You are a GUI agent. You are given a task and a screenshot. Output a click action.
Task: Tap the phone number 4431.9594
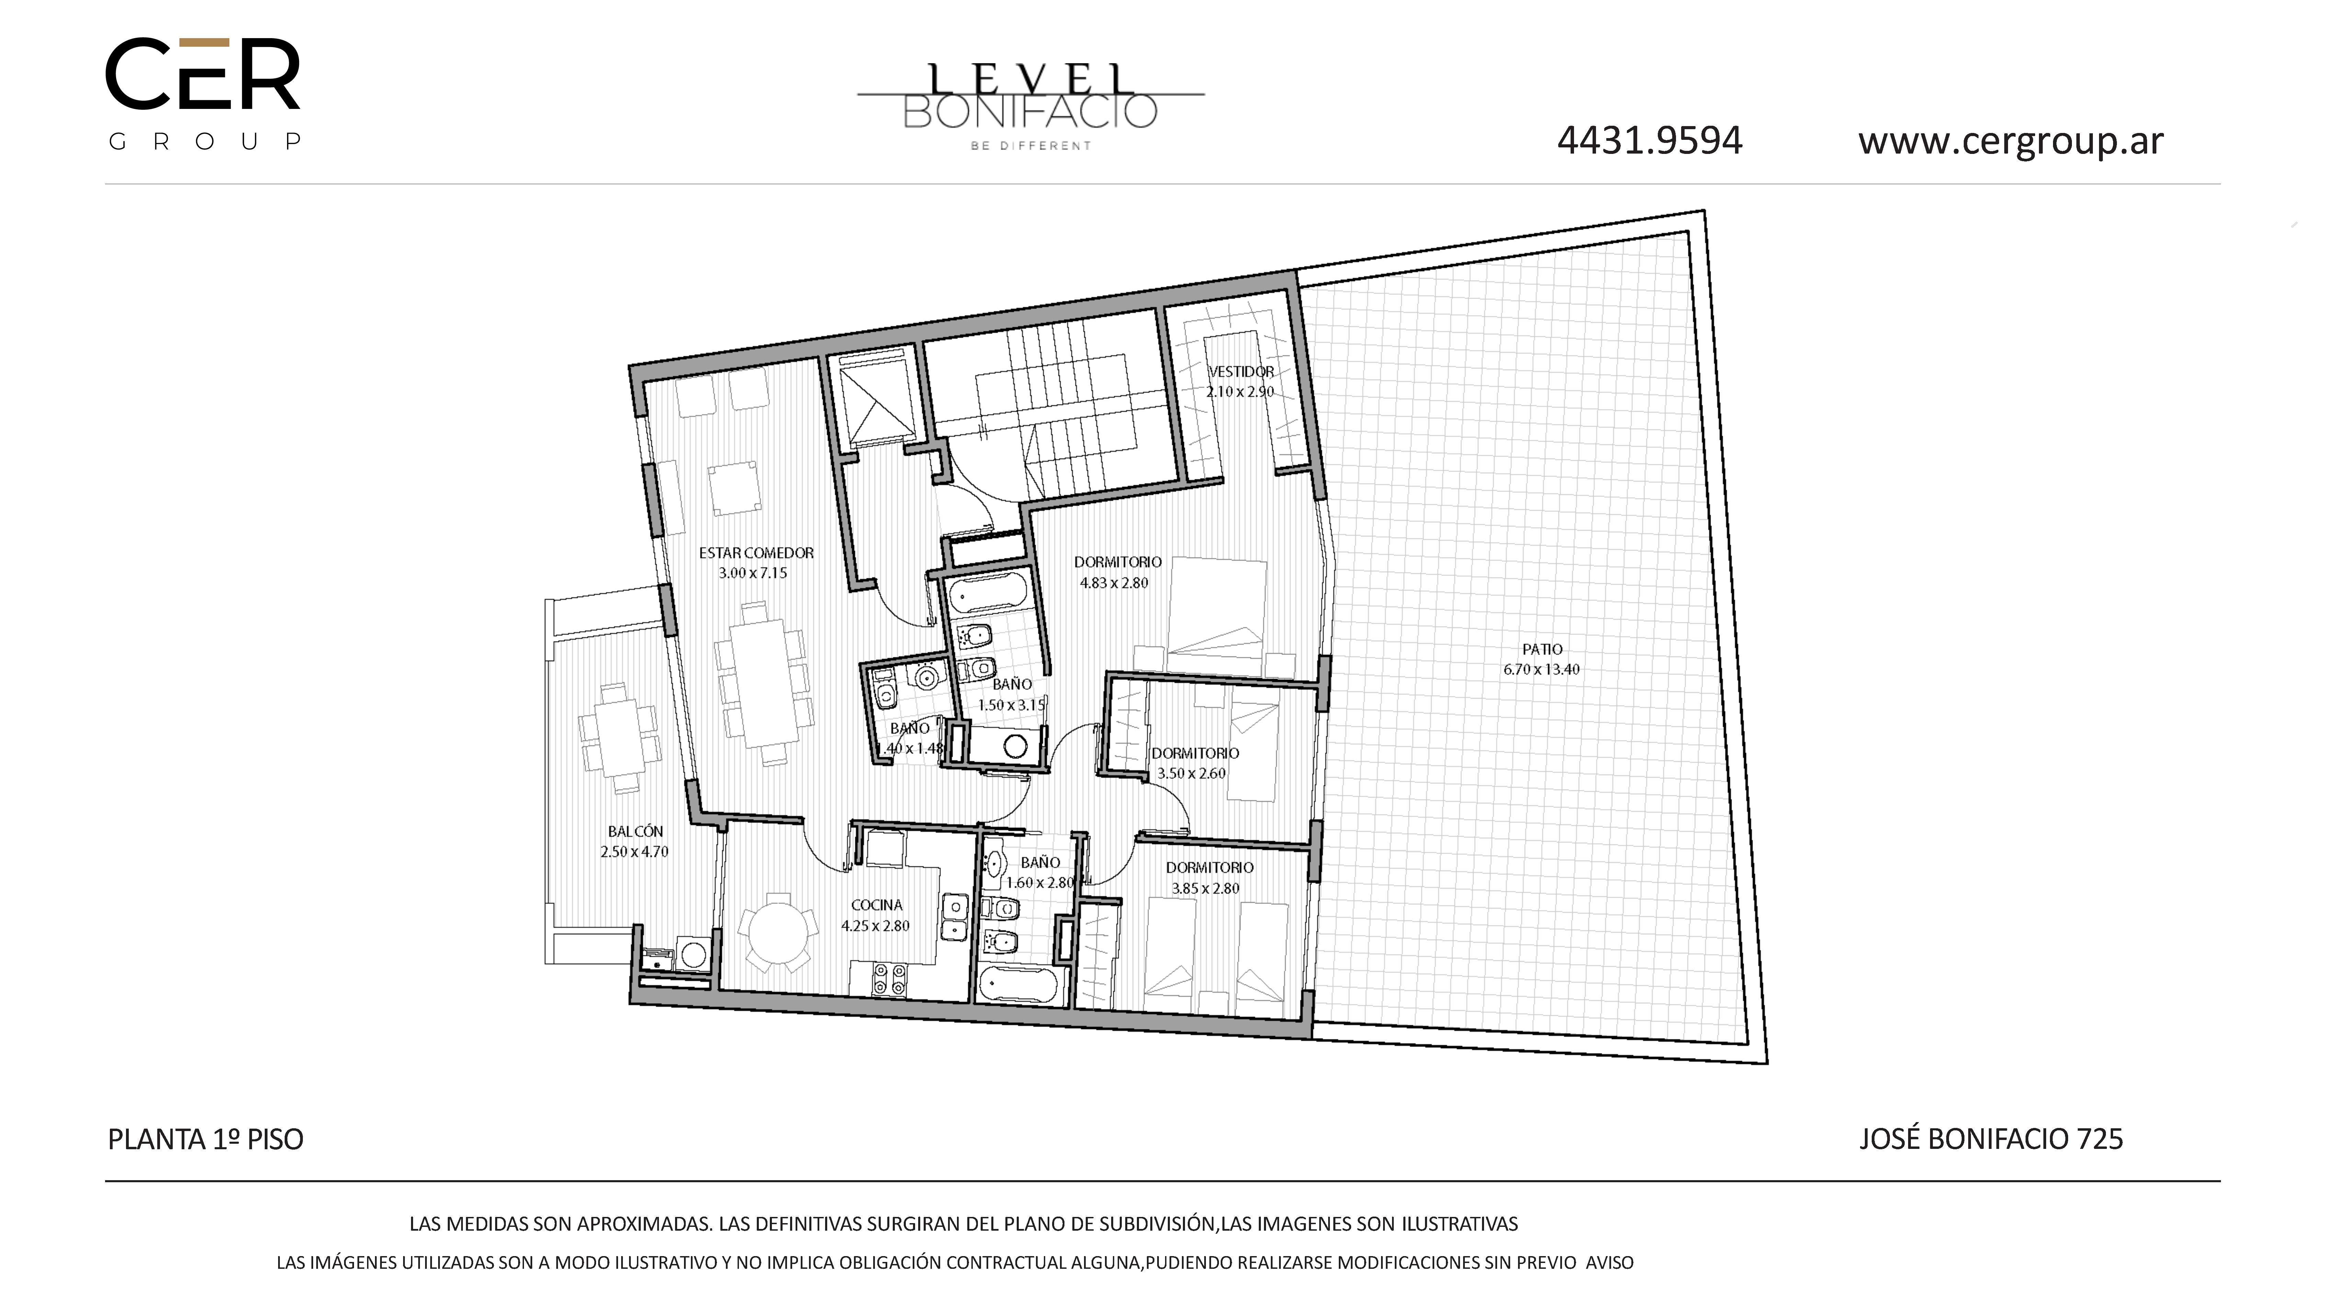pos(1650,141)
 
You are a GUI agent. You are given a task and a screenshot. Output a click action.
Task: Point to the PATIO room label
pos(1542,649)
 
